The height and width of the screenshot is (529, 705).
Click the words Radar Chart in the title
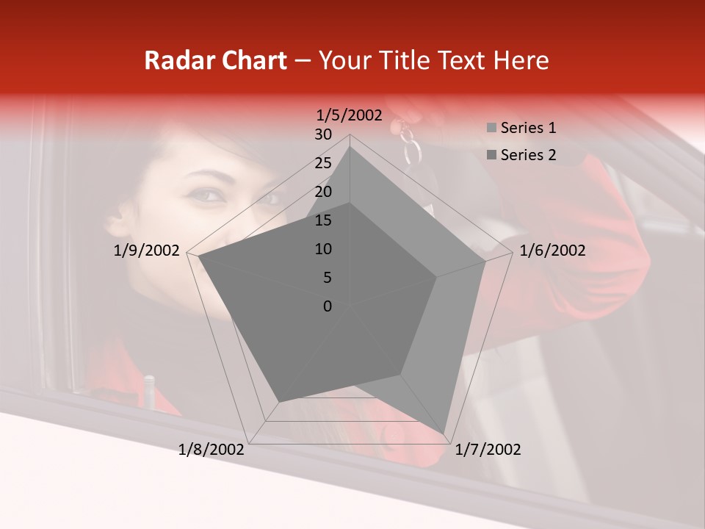pyautogui.click(x=215, y=61)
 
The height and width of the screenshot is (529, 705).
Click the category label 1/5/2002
pyautogui.click(x=350, y=115)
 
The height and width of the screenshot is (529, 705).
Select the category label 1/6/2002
pyautogui.click(x=552, y=251)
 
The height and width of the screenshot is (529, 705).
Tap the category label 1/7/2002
pyautogui.click(x=488, y=450)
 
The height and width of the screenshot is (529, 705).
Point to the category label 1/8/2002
pyautogui.click(x=211, y=450)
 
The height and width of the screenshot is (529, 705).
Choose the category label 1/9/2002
pyautogui.click(x=147, y=251)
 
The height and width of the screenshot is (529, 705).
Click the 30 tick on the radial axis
pyautogui.click(x=323, y=134)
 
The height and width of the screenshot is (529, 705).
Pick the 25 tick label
pyautogui.click(x=323, y=163)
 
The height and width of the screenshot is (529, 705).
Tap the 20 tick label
pyautogui.click(x=323, y=192)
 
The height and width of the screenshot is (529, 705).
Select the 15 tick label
pyautogui.click(x=323, y=220)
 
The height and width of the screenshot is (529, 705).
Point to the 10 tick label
pyautogui.click(x=323, y=249)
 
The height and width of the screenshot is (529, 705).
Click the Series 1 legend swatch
pyautogui.click(x=491, y=129)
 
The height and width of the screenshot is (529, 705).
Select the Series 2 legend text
pyautogui.click(x=528, y=155)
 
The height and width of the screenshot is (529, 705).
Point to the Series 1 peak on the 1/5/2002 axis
pyautogui.click(x=350, y=147)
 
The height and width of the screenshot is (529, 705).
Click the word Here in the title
pyautogui.click(x=521, y=61)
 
